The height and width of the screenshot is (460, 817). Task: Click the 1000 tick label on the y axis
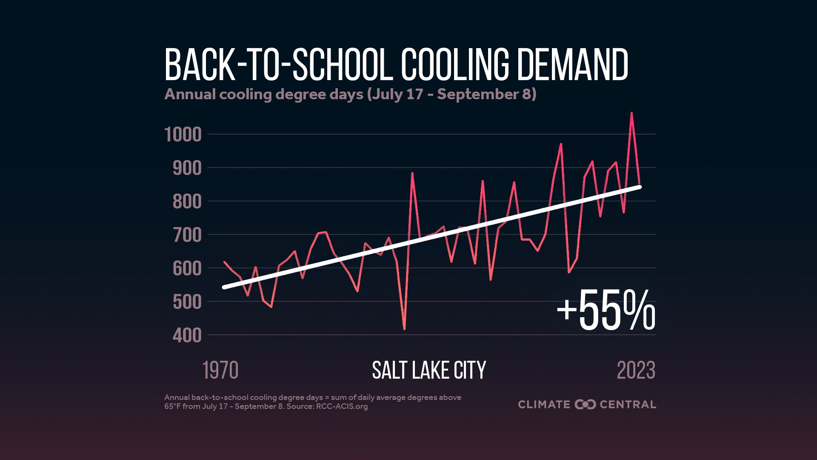[183, 135]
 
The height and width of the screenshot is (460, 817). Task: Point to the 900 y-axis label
[187, 168]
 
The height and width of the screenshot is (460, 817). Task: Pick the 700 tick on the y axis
[187, 235]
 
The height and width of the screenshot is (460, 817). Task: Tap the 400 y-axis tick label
[187, 336]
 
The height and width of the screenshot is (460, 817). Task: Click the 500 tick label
[187, 302]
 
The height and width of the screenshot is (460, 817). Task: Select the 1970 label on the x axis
[220, 371]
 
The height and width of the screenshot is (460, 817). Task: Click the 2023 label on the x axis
[636, 371]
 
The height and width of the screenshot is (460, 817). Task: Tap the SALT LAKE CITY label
[428, 371]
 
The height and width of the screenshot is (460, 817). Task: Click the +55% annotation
[606, 310]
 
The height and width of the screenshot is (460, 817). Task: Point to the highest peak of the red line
[631, 113]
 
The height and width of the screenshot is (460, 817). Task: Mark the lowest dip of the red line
[404, 329]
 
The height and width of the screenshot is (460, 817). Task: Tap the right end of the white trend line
[640, 187]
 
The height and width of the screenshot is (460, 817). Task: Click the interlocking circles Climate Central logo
[585, 404]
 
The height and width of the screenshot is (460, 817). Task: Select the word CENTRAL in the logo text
[628, 404]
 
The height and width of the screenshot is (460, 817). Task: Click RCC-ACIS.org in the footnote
[342, 406]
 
